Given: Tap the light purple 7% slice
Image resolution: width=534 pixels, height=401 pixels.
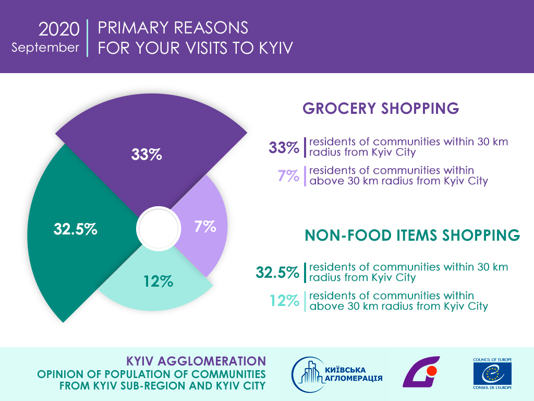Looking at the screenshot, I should (203, 227).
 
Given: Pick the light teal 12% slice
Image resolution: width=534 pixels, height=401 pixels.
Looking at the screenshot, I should (156, 282).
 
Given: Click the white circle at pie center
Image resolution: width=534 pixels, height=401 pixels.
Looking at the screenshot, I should (154, 228).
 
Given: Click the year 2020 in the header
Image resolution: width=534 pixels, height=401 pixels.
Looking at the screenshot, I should (58, 29).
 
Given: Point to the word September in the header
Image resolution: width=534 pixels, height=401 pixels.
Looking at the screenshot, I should (45, 47).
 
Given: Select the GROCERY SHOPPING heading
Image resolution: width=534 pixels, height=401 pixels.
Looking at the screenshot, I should (381, 108).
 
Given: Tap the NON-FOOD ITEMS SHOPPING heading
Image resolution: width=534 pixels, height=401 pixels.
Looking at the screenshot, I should (412, 235).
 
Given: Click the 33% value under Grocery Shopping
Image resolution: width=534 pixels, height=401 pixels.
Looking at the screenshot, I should (284, 148).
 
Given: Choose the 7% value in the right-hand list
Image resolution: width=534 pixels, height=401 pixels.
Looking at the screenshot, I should (288, 175).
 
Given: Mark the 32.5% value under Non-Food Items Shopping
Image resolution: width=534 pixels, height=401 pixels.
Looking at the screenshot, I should (277, 272).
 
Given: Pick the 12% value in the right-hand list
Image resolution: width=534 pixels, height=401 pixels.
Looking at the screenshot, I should (284, 300).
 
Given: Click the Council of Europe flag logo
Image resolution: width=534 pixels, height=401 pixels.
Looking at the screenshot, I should (492, 374).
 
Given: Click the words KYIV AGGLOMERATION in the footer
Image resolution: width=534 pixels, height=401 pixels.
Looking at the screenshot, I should (196, 361).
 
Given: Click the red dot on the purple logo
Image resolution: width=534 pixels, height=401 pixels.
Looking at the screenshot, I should (431, 371).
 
